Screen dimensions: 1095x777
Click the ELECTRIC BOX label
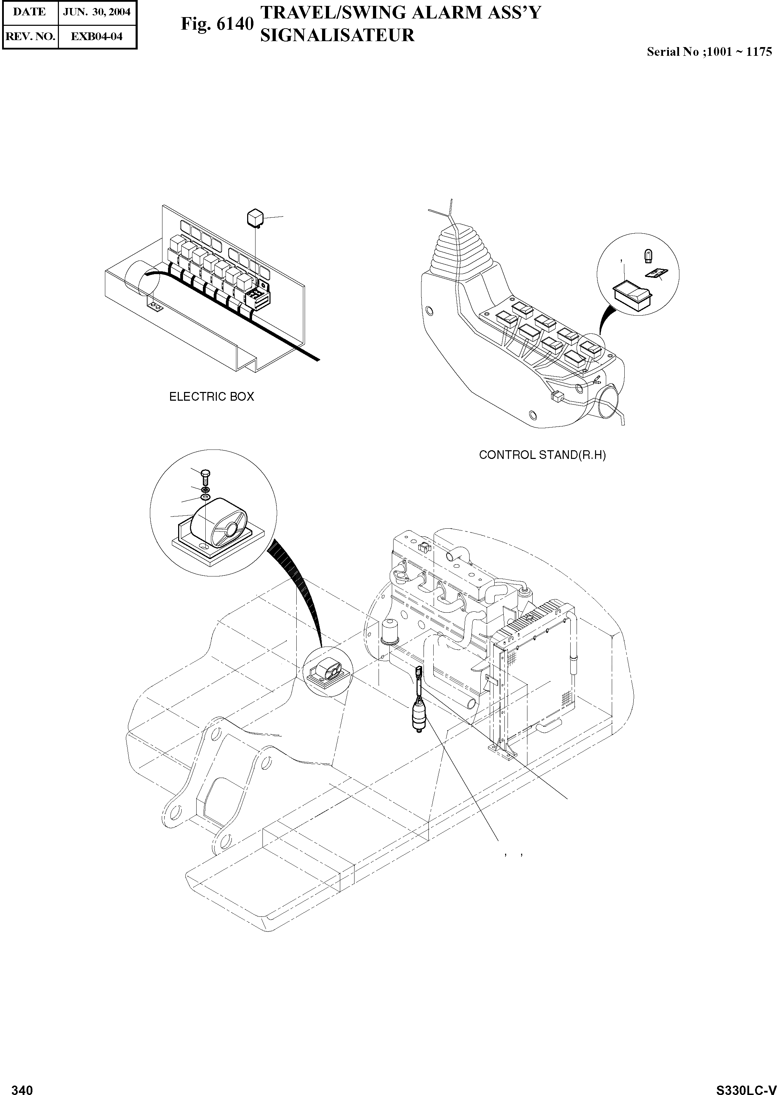(212, 397)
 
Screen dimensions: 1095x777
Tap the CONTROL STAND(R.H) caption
(542, 455)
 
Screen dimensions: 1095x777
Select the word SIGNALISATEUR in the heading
(337, 36)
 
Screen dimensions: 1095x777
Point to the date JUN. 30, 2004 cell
(97, 12)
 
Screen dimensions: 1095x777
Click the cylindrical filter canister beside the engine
(389, 632)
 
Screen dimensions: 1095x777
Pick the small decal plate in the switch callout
(655, 273)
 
